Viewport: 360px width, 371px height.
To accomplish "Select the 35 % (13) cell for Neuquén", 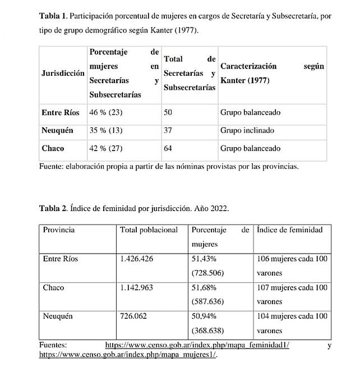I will [x=106, y=131].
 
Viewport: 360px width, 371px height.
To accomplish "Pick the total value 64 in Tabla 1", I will [x=168, y=149].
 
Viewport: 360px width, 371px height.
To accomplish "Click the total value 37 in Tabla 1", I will [x=168, y=131].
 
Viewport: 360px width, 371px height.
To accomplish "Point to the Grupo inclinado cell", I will [x=247, y=131].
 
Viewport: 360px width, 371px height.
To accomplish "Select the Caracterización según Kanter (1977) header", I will [x=272, y=74].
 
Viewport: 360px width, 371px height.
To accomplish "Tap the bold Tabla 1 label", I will [x=52, y=16].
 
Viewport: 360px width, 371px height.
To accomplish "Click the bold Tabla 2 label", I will [x=52, y=208].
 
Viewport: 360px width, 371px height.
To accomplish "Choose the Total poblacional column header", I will [x=149, y=230].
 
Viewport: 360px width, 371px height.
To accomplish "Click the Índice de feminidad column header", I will [x=290, y=230].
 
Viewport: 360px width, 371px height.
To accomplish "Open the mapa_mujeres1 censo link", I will [x=127, y=355].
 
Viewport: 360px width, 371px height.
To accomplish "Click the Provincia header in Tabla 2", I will [x=59, y=230].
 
